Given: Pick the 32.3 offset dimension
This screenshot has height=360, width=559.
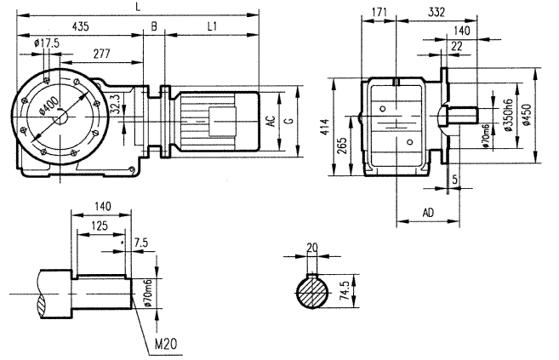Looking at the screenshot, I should click(128, 107).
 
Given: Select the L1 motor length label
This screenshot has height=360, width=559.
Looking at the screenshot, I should click(214, 28).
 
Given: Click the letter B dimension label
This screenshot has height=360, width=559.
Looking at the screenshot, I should click(154, 28).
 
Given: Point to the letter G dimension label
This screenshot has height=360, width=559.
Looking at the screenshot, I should click(289, 122).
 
